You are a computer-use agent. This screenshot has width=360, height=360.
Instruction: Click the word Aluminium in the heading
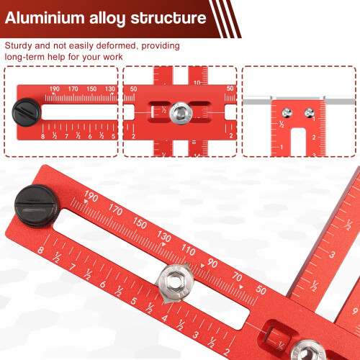45,18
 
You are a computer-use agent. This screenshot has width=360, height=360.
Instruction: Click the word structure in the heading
168,18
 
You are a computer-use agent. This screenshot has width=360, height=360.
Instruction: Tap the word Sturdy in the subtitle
18,46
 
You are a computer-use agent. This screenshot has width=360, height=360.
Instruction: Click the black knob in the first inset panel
27,112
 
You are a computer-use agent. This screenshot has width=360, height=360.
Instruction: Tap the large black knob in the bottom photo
36,206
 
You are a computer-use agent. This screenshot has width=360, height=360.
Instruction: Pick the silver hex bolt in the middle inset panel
181,113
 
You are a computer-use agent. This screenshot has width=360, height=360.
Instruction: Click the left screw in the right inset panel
287,113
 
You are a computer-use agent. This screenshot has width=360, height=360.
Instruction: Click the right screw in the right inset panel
310,113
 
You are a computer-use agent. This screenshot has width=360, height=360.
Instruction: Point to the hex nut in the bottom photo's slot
174,280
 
